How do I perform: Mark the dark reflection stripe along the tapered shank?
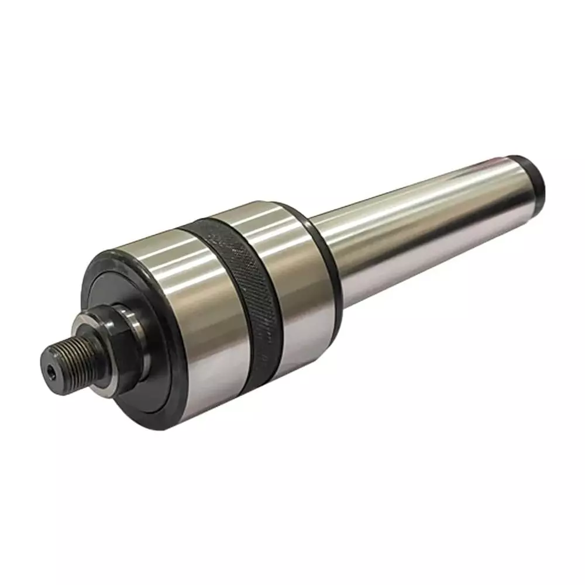coord(433,246)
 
